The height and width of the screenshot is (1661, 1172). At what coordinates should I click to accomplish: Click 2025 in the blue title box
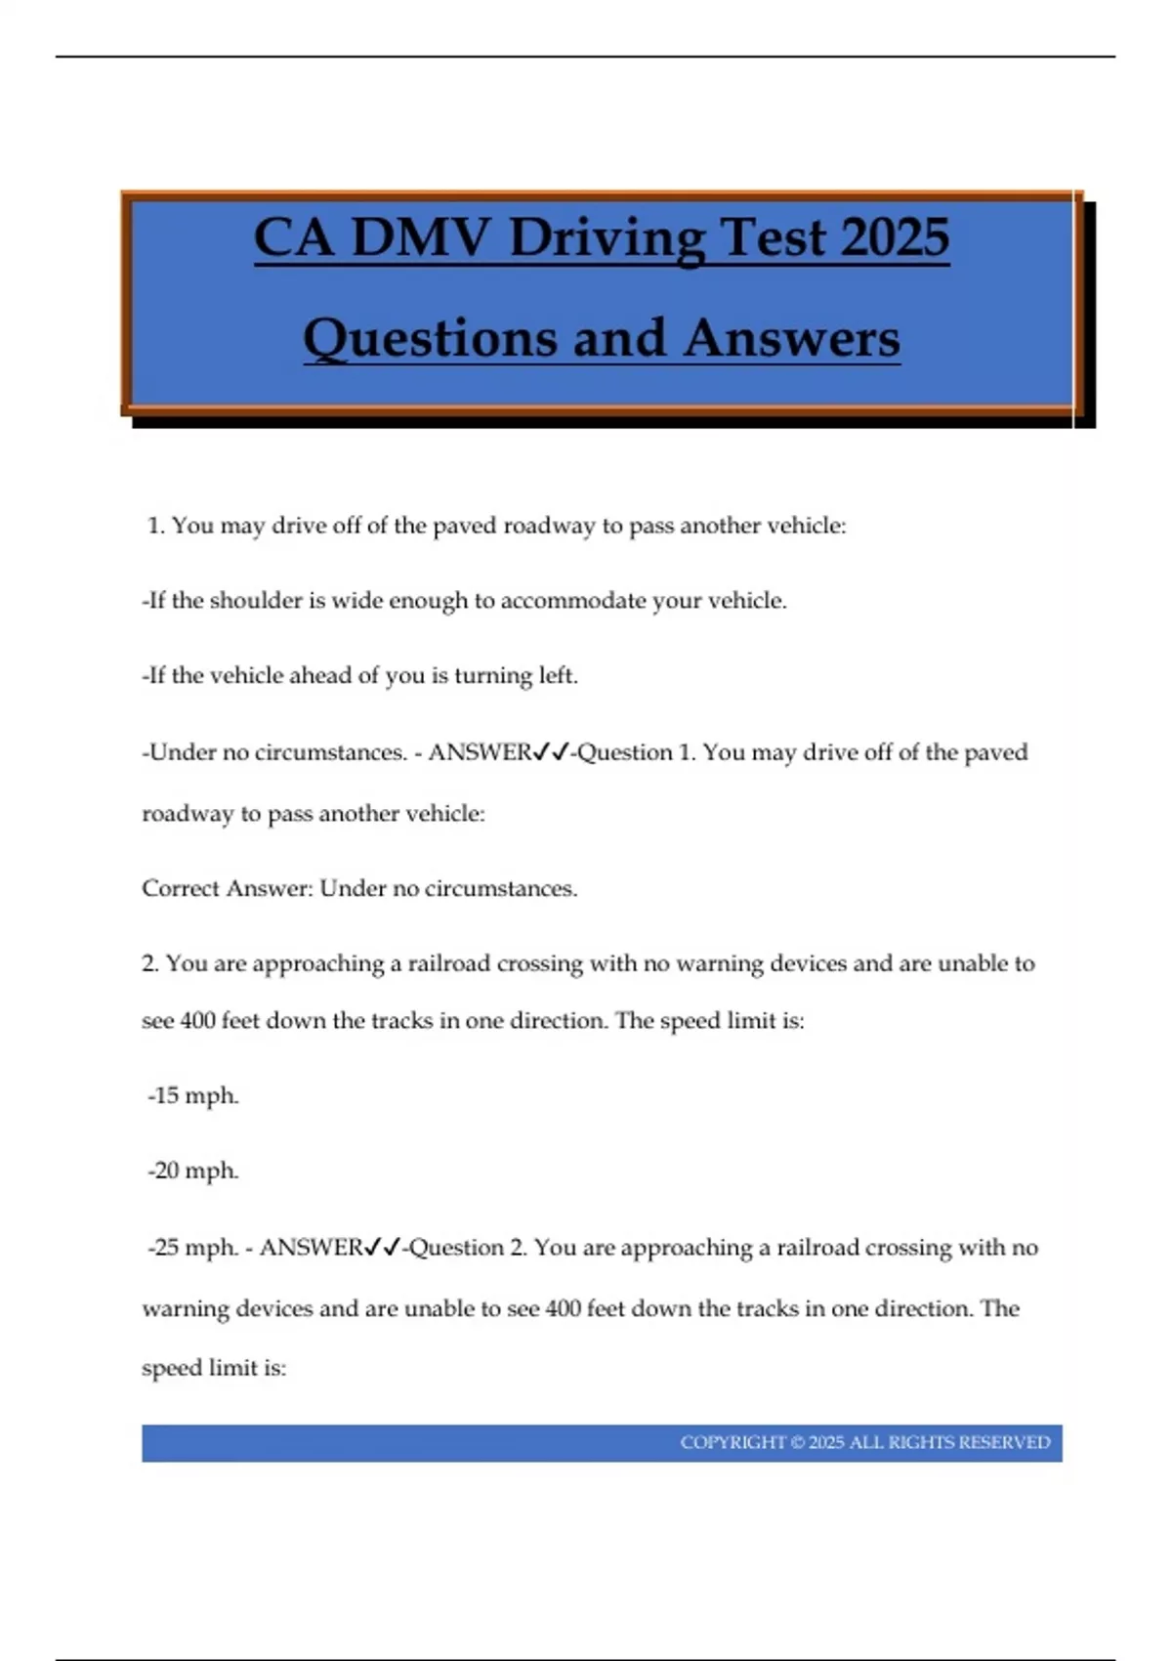tap(894, 237)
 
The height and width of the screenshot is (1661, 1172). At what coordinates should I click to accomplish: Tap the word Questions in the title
tap(431, 339)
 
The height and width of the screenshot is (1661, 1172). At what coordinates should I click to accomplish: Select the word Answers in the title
tap(791, 339)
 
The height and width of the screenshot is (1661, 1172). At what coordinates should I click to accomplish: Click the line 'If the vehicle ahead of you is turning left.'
tap(360, 675)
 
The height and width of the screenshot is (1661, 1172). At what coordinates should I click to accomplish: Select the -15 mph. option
tap(193, 1095)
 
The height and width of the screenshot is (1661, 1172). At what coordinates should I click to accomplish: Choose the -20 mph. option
tap(193, 1171)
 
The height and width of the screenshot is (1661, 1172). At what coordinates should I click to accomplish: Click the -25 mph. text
tap(193, 1248)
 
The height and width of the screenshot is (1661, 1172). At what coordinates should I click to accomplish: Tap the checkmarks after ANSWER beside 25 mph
tap(383, 1248)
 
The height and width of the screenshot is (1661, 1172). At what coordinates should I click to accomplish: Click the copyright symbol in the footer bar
tap(797, 1443)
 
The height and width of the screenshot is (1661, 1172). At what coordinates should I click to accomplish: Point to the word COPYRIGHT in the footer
tap(732, 1443)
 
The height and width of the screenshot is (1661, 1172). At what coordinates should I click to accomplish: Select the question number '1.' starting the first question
tap(156, 526)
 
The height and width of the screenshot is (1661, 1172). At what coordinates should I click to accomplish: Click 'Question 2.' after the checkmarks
tap(468, 1248)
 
